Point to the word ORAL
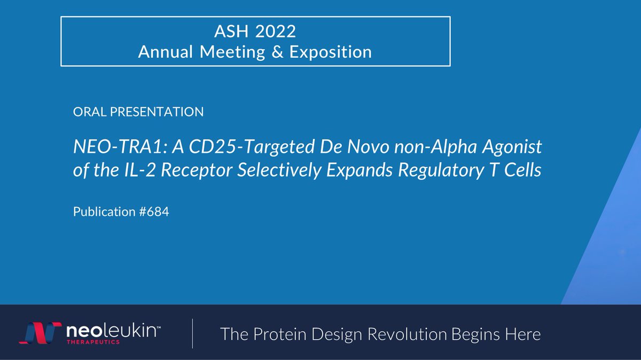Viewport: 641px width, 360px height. [x=87, y=112]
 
